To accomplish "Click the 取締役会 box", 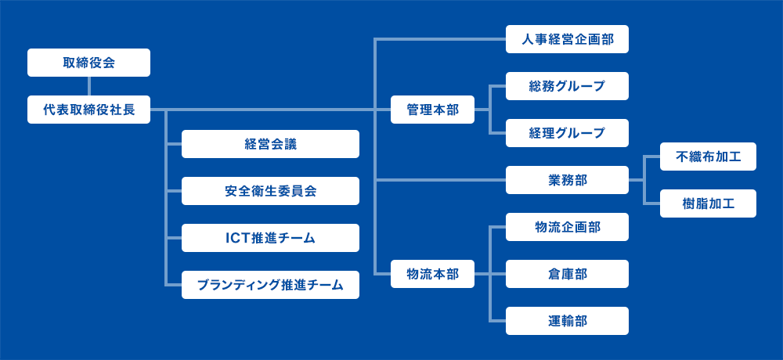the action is [x=89, y=63].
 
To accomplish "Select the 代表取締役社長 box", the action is [x=89, y=110].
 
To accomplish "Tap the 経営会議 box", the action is [x=270, y=144].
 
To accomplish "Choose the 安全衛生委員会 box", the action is [x=270, y=191].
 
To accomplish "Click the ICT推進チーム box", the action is [x=270, y=238].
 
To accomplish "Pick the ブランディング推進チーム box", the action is [x=270, y=285].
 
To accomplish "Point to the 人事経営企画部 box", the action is [x=567, y=39].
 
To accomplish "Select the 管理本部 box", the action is [x=432, y=110].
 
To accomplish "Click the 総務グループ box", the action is [x=567, y=86].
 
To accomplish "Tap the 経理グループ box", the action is [x=567, y=133].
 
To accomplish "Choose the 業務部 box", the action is [x=567, y=180].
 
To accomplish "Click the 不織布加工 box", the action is [x=708, y=157].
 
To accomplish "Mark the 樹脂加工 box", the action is [x=708, y=203].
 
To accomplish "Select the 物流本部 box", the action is [x=432, y=274].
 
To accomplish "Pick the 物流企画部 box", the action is [x=567, y=227].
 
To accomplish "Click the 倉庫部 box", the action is [x=567, y=274].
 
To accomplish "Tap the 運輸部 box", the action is [x=567, y=321].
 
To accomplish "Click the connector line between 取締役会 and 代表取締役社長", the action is [x=89, y=86].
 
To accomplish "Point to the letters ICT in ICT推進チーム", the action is [x=236, y=238].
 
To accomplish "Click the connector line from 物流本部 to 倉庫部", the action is [x=490, y=274].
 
